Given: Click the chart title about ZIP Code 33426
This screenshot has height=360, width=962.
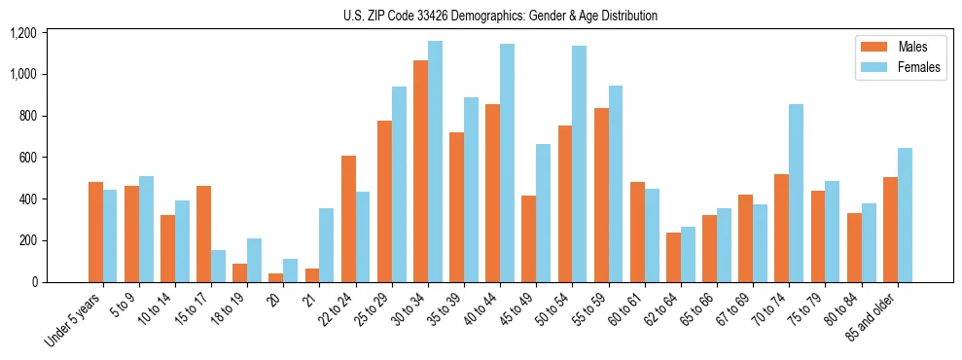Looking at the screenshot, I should pos(500,16).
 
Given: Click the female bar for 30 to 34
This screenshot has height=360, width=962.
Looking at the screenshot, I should pos(435,162).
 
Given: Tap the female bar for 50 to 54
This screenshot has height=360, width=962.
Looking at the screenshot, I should pos(580,163).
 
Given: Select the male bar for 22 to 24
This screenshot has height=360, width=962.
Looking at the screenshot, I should pos(348,219).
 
